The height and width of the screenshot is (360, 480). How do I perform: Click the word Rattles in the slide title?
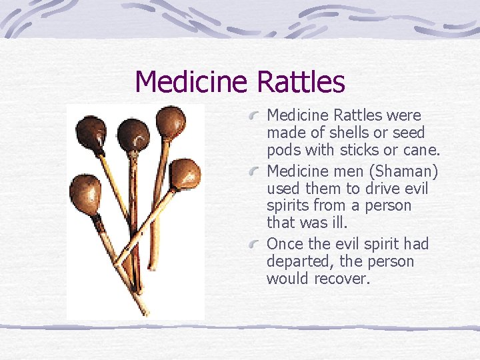pyautogui.click(x=300, y=82)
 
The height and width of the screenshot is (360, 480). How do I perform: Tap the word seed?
pyautogui.click(x=409, y=133)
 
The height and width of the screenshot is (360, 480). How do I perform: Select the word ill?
pyautogui.click(x=339, y=223)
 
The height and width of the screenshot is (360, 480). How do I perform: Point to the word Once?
pyautogui.click(x=285, y=244)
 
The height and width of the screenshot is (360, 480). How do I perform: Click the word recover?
pyautogui.click(x=345, y=279)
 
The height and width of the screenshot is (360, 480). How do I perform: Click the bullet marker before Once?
pyautogui.click(x=255, y=246)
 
